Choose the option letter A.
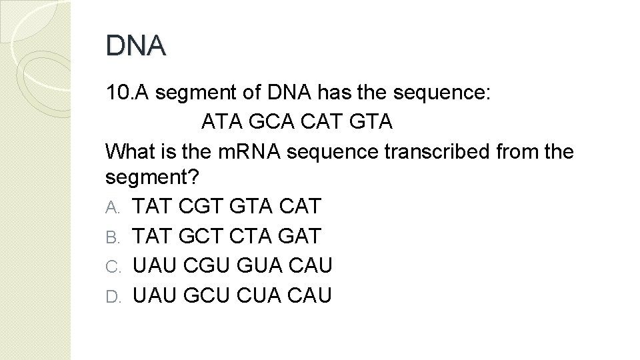coord(111,208)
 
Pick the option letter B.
coord(111,237)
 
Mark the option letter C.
coord(111,266)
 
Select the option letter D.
coord(111,295)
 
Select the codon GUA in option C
coord(253,265)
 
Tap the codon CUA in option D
coord(253,295)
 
